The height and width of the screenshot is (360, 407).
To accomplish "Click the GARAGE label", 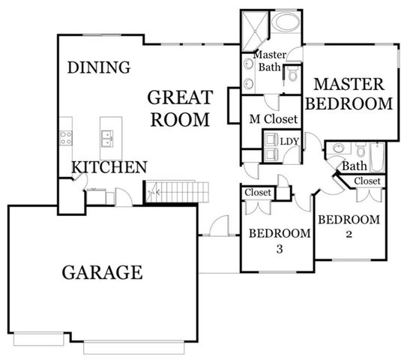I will [102, 271].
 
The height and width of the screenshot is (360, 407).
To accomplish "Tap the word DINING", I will [99, 67].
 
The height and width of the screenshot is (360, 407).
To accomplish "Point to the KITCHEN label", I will [109, 167].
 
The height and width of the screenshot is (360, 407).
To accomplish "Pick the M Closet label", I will [274, 120].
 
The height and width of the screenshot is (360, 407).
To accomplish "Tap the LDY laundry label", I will [289, 141].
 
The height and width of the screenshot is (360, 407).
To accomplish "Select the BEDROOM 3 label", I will [280, 241].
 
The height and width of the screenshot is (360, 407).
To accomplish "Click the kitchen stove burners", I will [66, 137].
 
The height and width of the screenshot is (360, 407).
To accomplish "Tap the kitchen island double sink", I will [107, 138].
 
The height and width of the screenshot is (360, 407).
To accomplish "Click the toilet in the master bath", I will [292, 73].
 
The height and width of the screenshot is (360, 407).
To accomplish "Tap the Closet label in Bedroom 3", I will [257, 193].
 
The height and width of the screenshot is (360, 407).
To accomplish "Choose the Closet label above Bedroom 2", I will [367, 181].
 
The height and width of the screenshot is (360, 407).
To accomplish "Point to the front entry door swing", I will [219, 225].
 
